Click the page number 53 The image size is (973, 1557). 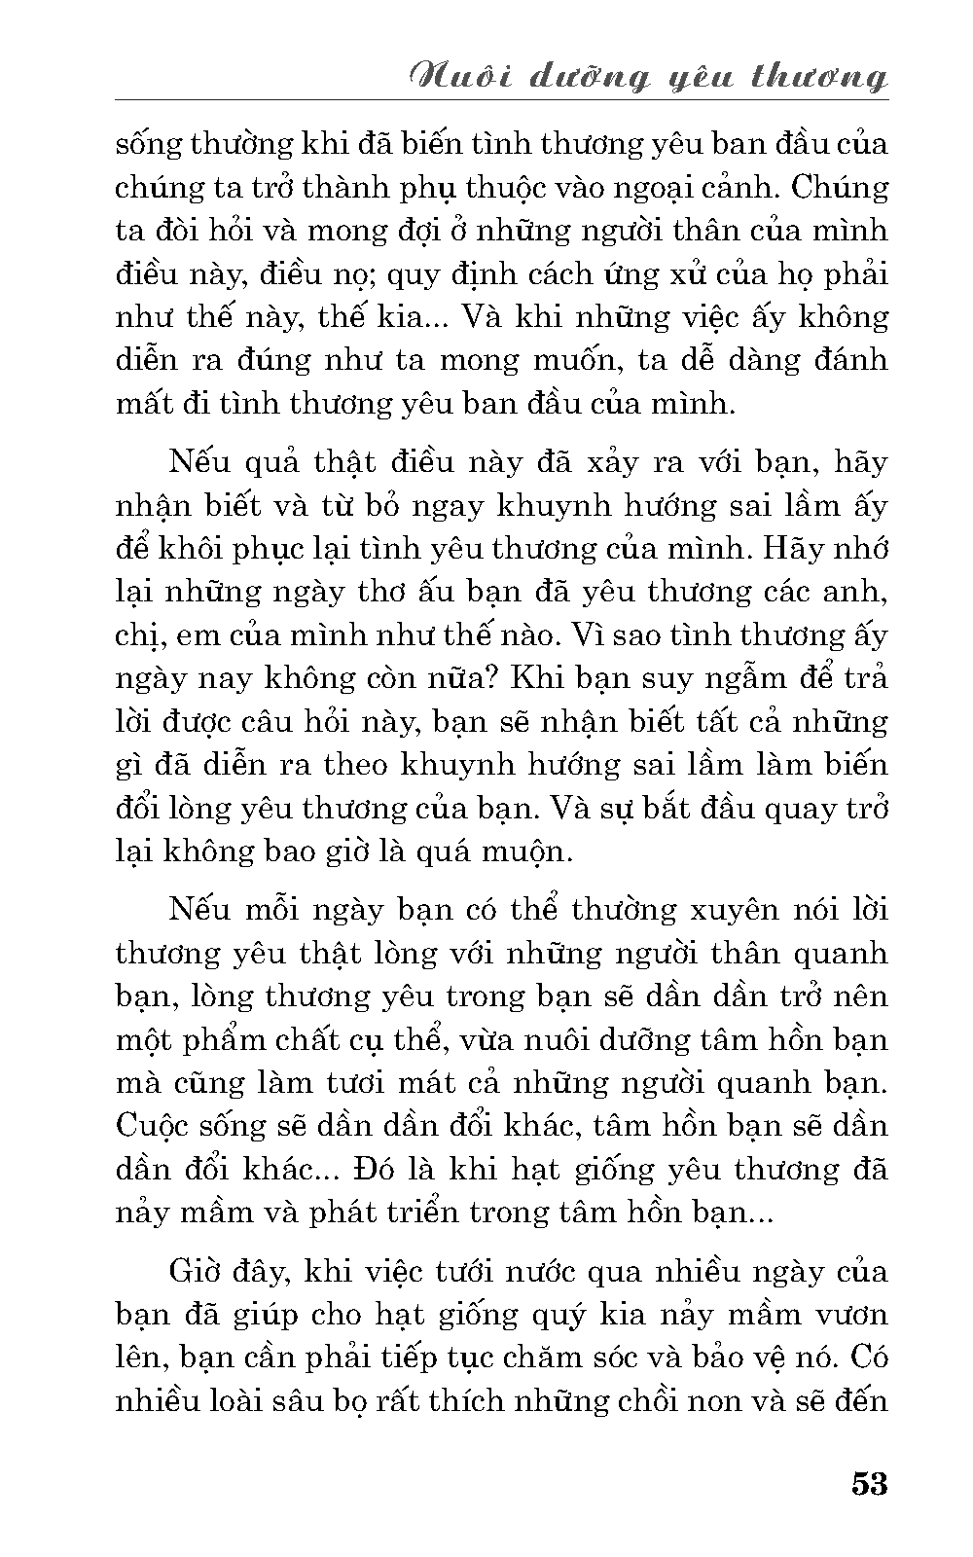click(x=869, y=1485)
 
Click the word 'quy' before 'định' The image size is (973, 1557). click(x=414, y=275)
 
